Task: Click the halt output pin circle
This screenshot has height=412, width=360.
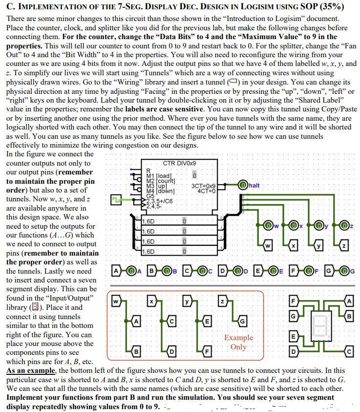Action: tap(243, 185)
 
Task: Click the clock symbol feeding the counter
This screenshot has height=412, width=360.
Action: tap(116, 199)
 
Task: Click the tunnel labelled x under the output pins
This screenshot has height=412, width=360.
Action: tap(294, 246)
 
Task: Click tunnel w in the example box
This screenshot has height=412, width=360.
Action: tap(115, 301)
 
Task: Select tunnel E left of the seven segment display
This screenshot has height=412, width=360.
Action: tap(293, 336)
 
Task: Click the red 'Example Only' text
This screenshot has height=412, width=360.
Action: tap(238, 342)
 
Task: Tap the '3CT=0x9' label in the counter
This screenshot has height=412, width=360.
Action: tap(203, 186)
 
